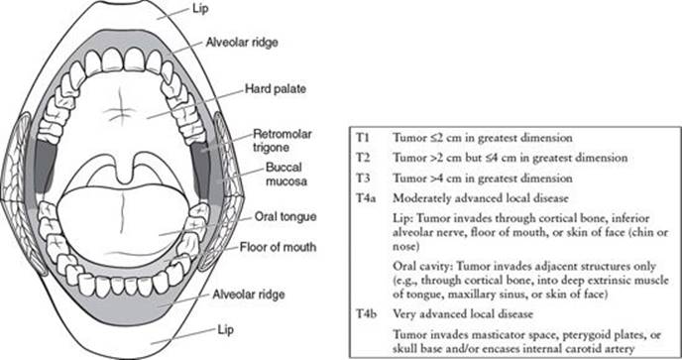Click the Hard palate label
[276, 89]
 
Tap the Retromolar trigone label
[283, 140]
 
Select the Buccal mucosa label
[286, 175]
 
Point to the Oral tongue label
[285, 217]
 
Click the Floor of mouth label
[278, 247]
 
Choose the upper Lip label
[200, 8]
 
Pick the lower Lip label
[225, 329]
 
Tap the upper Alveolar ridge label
[242, 43]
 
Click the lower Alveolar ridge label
[249, 295]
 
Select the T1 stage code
[363, 138]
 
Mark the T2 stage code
[363, 158]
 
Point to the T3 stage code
[363, 179]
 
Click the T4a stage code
[366, 198]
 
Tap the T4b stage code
[367, 313]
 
